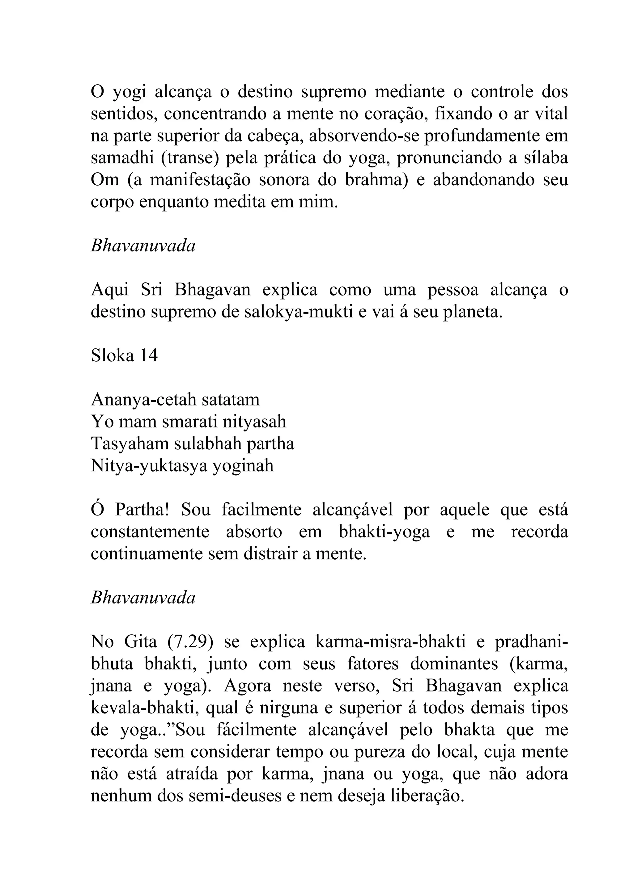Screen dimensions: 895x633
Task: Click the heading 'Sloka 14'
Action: point(124,355)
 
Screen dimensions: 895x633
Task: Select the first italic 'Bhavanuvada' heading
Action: point(143,246)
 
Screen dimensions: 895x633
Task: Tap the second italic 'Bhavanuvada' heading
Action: point(143,598)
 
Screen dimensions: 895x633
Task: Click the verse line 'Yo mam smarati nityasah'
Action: point(188,422)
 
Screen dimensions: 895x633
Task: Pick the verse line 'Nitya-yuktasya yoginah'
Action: point(182,466)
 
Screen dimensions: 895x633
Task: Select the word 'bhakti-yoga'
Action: point(384,532)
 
